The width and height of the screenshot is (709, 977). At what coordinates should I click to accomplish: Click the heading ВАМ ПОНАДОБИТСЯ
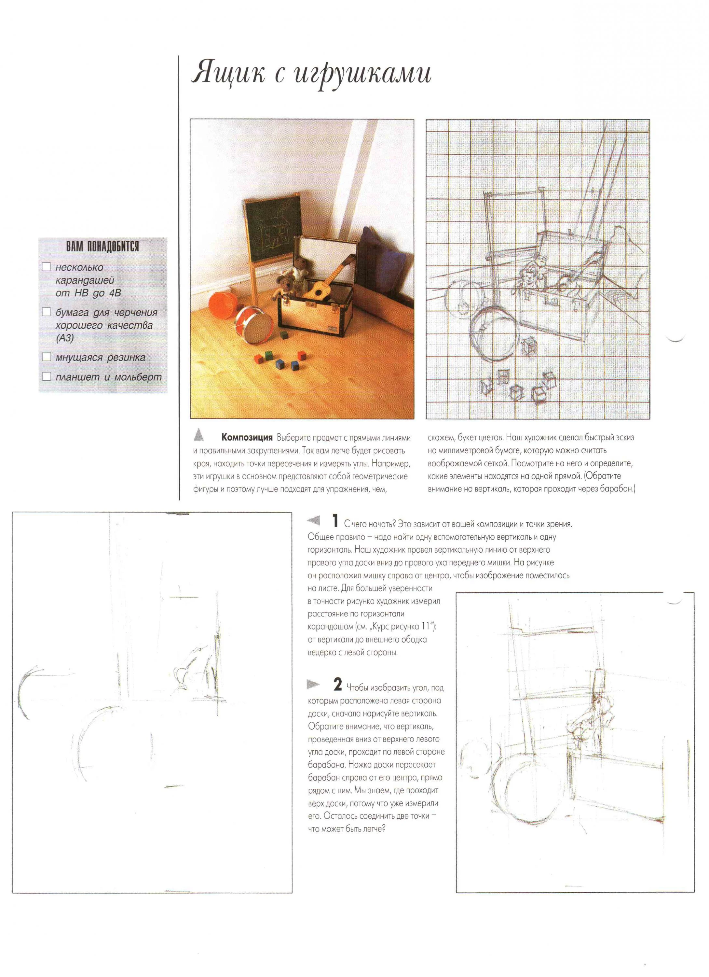[102, 247]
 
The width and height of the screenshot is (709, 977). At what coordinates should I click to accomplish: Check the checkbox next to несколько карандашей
[47, 267]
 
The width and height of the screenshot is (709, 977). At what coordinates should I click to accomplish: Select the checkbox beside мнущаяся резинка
[47, 357]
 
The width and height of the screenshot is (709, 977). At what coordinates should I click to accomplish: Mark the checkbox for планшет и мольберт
[47, 376]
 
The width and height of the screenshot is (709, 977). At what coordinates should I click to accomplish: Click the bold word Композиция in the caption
[247, 438]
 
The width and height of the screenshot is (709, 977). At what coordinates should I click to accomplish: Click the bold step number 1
[335, 521]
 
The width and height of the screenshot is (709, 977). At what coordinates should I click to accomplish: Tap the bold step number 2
[337, 685]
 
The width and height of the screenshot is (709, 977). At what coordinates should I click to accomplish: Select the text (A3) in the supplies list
[64, 338]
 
